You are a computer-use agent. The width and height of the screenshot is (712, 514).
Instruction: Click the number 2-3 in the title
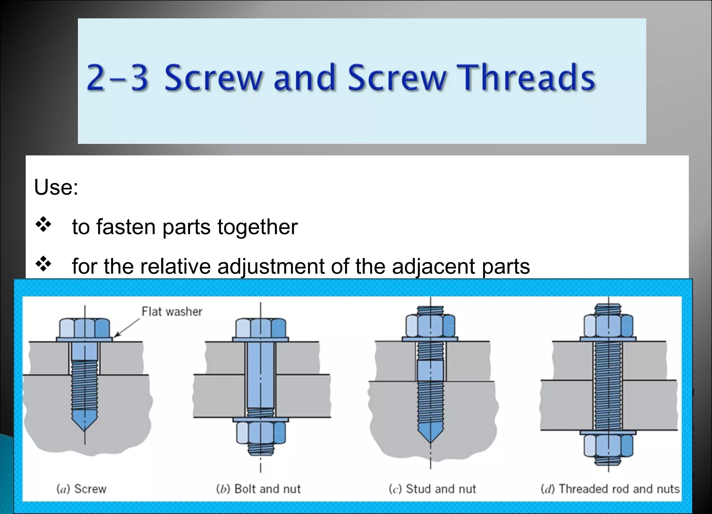118,78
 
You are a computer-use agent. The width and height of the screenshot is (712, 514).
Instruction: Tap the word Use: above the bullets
56,187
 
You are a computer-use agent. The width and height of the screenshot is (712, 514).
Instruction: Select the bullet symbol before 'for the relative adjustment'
43,264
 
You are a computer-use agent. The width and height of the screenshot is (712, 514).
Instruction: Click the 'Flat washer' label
172,312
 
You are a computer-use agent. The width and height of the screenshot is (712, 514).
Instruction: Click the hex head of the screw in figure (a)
84,328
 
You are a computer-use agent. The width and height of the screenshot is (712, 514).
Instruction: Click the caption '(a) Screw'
81,489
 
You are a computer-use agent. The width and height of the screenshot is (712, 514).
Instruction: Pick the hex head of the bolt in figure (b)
260,328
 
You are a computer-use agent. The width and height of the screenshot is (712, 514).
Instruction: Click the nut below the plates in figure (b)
260,433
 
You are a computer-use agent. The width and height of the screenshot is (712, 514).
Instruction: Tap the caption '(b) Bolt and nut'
258,489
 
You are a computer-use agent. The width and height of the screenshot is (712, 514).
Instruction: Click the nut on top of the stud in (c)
430,326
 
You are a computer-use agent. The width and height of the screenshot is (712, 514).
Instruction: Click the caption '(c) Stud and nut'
432,489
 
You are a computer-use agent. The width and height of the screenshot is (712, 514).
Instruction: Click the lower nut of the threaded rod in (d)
608,446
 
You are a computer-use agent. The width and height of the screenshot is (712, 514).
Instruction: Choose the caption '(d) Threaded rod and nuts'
610,489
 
